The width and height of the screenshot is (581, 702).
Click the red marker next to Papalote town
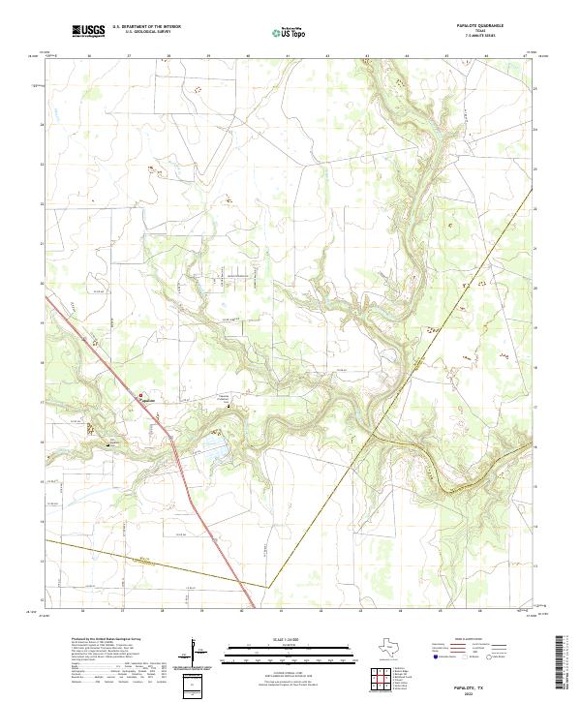[140, 396]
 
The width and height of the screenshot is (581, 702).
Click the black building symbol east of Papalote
[229, 407]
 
